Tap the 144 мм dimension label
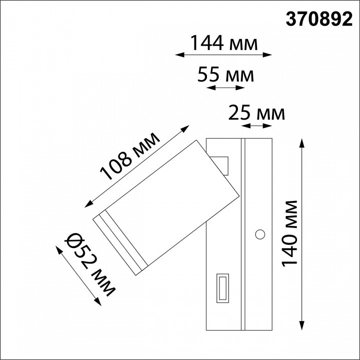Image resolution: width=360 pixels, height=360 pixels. point(223,44)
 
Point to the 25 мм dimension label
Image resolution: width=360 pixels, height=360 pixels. point(256,113)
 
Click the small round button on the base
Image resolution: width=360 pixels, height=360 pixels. point(259,233)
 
